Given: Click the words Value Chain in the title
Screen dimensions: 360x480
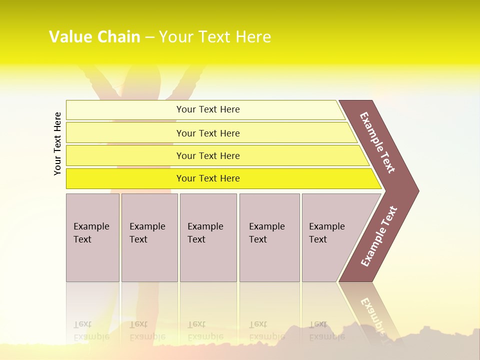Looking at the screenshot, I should tap(94, 36).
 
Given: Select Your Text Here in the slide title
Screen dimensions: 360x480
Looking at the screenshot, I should tap(215, 36).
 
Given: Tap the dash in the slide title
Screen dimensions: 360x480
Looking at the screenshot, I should tap(149, 37).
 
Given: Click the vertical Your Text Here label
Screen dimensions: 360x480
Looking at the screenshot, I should tap(57, 143).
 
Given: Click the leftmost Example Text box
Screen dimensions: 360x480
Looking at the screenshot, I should tap(92, 237).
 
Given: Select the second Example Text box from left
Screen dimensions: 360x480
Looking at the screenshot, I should tap(149, 237).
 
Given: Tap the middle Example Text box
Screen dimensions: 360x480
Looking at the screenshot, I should tap(208, 237).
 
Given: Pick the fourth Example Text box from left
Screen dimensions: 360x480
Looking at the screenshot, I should tap(269, 237).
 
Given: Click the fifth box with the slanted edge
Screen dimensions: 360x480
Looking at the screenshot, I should tap(332, 237).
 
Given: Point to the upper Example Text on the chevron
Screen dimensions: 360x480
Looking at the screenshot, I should tap(377, 142).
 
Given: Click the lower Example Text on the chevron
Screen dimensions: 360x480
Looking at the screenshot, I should tap(379, 236).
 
